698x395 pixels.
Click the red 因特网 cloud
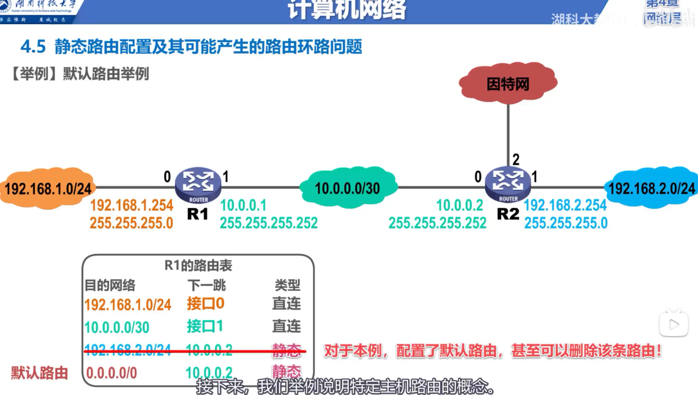(507, 83)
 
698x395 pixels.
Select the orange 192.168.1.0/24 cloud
(48, 188)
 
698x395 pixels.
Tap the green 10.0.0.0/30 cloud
(348, 188)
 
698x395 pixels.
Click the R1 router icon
(198, 184)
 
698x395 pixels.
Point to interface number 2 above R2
(516, 159)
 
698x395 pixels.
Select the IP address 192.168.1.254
(131, 206)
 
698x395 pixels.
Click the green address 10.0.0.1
(244, 206)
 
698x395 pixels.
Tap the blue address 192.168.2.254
(566, 206)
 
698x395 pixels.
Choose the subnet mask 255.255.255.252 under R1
(268, 223)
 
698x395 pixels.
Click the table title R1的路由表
(198, 266)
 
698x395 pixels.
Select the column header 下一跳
(206, 285)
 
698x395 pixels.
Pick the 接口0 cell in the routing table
(205, 303)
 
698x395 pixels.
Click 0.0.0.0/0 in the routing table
(111, 373)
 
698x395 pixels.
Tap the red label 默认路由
(40, 373)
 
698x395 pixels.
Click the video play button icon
(674, 325)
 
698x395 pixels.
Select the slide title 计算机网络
(347, 11)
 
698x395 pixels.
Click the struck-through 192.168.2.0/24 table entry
(128, 350)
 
